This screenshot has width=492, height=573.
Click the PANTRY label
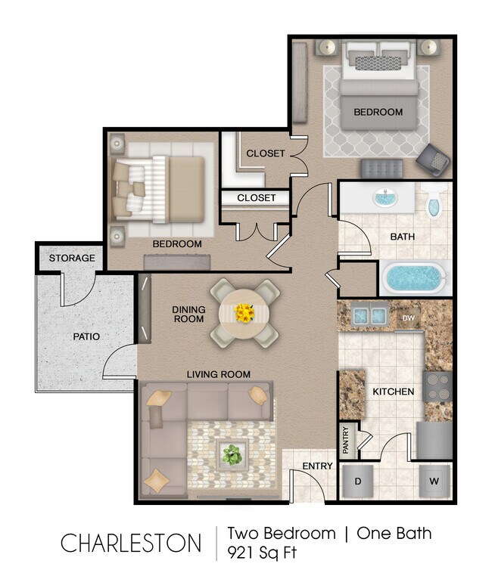click(x=345, y=441)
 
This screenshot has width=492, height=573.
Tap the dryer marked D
click(x=358, y=481)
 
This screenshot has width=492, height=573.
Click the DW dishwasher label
click(x=409, y=318)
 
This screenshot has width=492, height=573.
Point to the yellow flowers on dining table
click(x=244, y=312)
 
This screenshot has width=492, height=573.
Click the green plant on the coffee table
click(x=231, y=454)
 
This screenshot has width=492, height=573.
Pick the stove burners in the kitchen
click(x=438, y=386)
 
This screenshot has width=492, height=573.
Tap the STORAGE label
click(x=72, y=258)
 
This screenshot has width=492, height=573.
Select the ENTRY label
click(x=317, y=466)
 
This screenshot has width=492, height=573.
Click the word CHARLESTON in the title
click(x=131, y=543)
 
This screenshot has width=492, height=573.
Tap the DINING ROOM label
click(x=188, y=314)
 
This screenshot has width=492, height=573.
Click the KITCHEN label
click(x=393, y=392)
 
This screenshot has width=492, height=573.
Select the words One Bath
click(x=394, y=533)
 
